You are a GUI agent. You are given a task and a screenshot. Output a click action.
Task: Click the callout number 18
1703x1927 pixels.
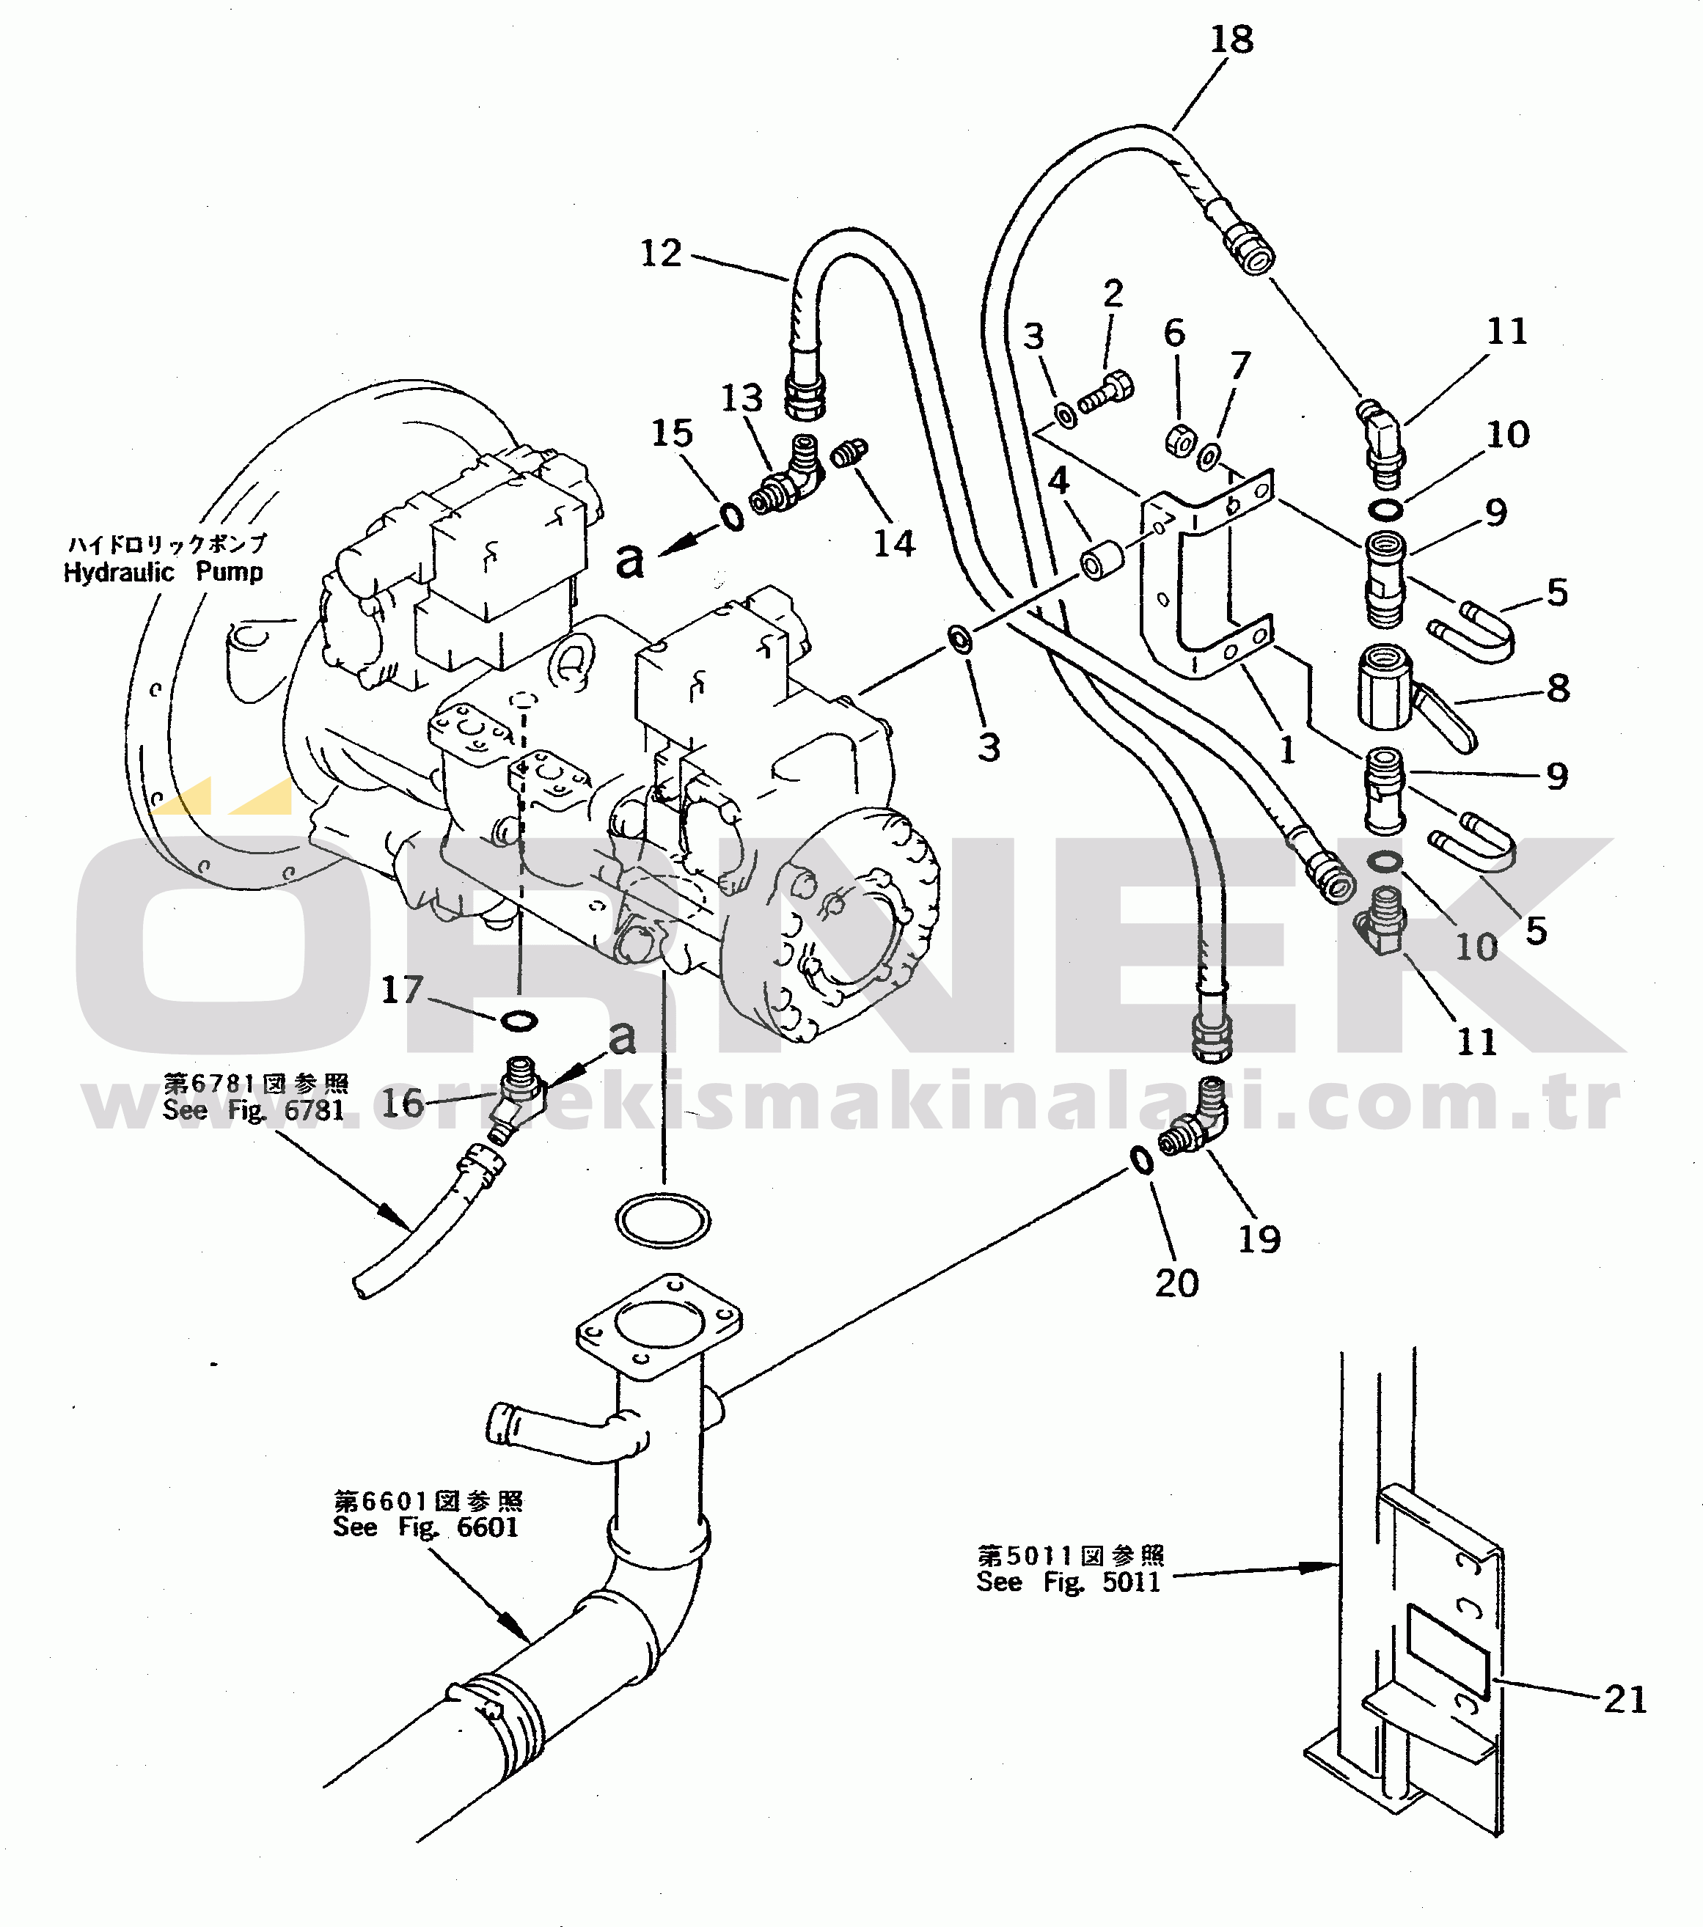pyautogui.click(x=1231, y=40)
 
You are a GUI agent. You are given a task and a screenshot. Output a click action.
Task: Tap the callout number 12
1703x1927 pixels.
pyautogui.click(x=660, y=254)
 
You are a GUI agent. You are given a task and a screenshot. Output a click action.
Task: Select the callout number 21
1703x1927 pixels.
pyautogui.click(x=1625, y=1699)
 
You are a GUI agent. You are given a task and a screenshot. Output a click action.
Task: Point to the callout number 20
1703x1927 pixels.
pyautogui.click(x=1177, y=1283)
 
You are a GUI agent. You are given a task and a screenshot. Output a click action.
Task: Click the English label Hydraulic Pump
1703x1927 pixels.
pyautogui.click(x=163, y=572)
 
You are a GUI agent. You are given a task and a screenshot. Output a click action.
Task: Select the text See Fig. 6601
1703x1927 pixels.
pyautogui.click(x=425, y=1527)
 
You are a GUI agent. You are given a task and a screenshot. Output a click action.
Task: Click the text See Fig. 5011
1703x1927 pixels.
pyautogui.click(x=1069, y=1582)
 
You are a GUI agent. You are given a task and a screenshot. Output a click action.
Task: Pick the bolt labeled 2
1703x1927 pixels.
pyautogui.click(x=1106, y=392)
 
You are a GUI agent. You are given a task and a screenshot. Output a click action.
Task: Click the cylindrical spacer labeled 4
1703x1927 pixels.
pyautogui.click(x=1102, y=561)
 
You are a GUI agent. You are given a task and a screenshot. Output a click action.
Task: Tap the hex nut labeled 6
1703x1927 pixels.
pyautogui.click(x=1181, y=440)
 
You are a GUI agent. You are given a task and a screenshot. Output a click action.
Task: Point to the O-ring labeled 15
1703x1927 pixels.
pyautogui.click(x=733, y=517)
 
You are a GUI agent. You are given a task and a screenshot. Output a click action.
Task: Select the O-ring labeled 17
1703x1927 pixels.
pyautogui.click(x=519, y=1021)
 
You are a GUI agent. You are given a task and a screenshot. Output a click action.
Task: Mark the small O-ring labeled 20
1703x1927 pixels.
pyautogui.click(x=1141, y=1161)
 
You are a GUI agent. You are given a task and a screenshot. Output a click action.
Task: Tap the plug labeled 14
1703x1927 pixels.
pyautogui.click(x=849, y=453)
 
